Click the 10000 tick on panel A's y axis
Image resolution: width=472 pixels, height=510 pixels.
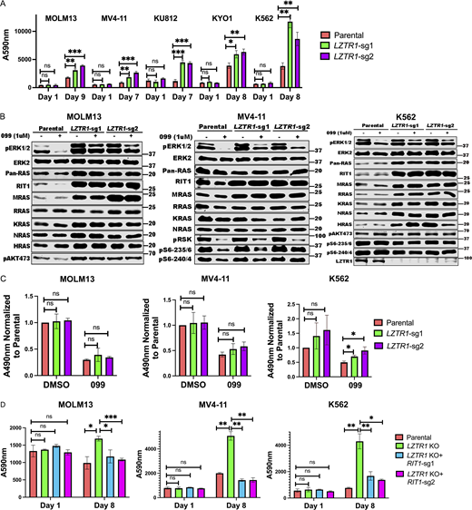point(33,32)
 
